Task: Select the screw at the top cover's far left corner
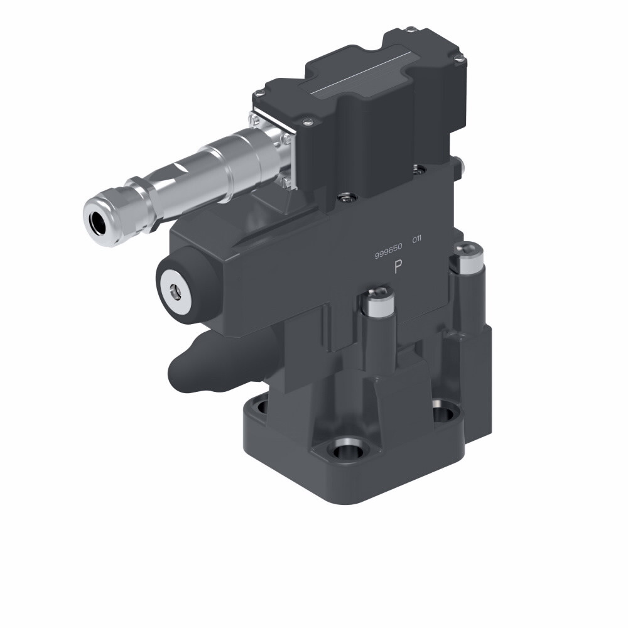[x=256, y=95]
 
